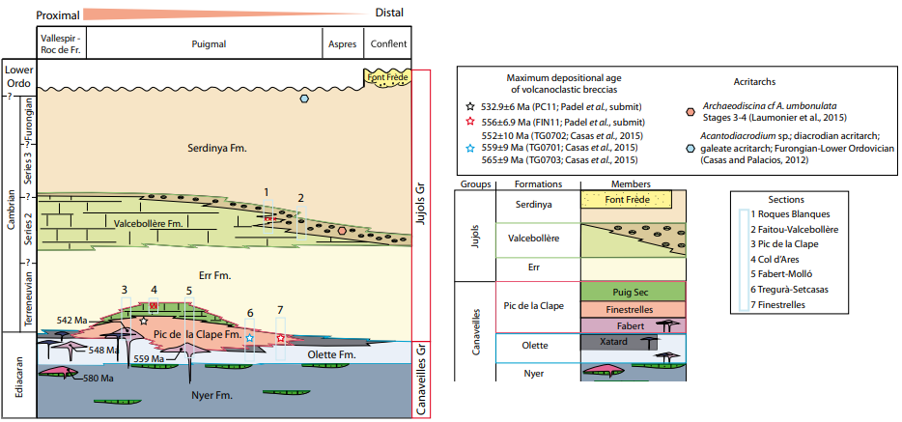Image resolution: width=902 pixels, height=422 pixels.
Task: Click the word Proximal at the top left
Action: (x=38, y=14)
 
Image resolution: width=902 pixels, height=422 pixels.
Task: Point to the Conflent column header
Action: (x=387, y=43)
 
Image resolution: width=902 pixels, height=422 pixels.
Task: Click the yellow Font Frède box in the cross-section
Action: (x=386, y=76)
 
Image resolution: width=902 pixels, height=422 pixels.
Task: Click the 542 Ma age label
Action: (x=72, y=320)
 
